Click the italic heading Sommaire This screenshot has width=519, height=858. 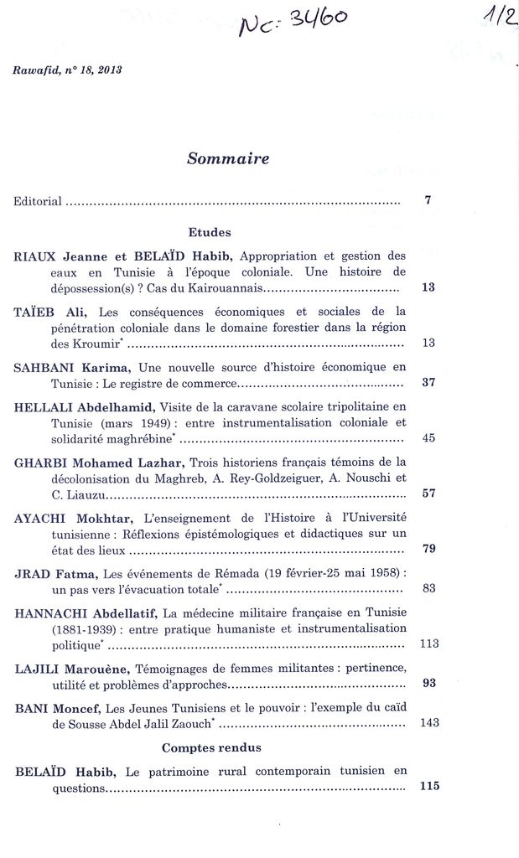[228, 158]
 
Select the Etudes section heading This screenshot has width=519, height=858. [210, 232]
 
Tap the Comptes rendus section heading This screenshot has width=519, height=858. [211, 747]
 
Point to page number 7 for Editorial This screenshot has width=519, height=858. [428, 200]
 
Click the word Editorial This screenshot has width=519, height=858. [38, 201]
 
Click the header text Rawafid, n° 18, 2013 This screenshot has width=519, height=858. [67, 70]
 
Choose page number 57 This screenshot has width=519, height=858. [428, 493]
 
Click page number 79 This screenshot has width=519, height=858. [428, 549]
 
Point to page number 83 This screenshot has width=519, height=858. [428, 588]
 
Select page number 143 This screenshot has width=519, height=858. [428, 722]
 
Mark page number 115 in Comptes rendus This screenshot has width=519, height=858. [428, 786]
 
